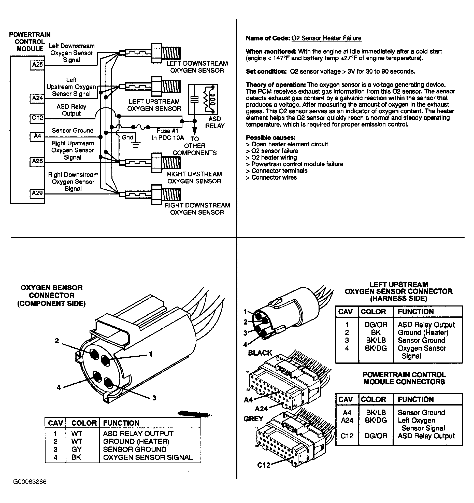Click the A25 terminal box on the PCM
click(37, 65)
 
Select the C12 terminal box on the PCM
click(37, 118)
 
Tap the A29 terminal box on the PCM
click(37, 193)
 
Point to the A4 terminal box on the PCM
click(37, 136)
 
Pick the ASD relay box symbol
click(203, 99)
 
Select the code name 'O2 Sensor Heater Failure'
click(326, 38)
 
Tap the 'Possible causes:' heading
click(270, 138)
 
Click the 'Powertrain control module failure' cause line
click(297, 164)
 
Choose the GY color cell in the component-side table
click(76, 450)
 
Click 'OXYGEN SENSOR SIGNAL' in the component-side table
click(148, 457)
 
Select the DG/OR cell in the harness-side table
click(376, 325)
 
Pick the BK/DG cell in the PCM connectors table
click(376, 420)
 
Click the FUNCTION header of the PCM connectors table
click(415, 399)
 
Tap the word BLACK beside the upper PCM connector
click(260, 353)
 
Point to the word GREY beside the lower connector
click(253, 419)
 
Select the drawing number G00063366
click(30, 482)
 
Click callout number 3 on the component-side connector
click(154, 398)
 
